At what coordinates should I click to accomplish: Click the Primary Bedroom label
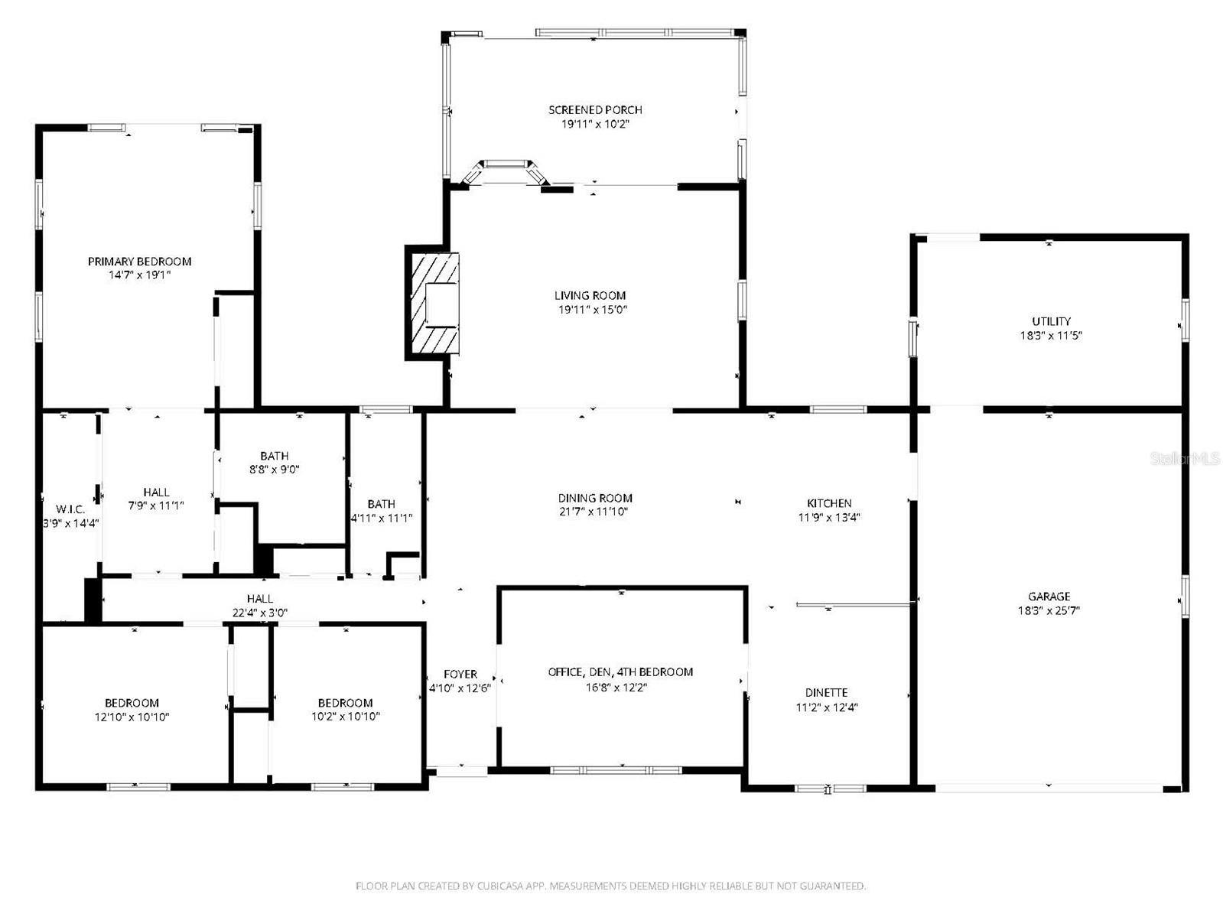[139, 262]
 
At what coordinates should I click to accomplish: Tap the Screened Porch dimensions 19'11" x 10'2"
[595, 124]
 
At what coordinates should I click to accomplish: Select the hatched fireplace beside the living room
[434, 304]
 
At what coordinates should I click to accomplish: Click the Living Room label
[590, 295]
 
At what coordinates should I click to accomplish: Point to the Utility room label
[1051, 321]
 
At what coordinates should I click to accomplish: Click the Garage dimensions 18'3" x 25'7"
[1049, 610]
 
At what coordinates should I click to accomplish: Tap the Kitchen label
[829, 503]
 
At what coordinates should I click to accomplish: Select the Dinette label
[826, 693]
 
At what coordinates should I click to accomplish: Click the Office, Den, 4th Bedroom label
[620, 672]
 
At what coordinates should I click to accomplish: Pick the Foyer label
[460, 675]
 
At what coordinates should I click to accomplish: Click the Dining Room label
[595, 498]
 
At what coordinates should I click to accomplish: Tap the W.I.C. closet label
[70, 509]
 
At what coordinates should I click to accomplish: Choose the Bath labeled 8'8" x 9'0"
[274, 456]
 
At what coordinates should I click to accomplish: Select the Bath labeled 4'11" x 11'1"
[381, 504]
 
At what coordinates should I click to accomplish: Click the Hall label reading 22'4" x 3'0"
[259, 599]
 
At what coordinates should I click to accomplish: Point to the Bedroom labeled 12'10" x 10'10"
[132, 703]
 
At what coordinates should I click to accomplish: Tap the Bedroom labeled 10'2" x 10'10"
[345, 703]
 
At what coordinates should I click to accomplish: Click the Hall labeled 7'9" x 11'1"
[156, 492]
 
